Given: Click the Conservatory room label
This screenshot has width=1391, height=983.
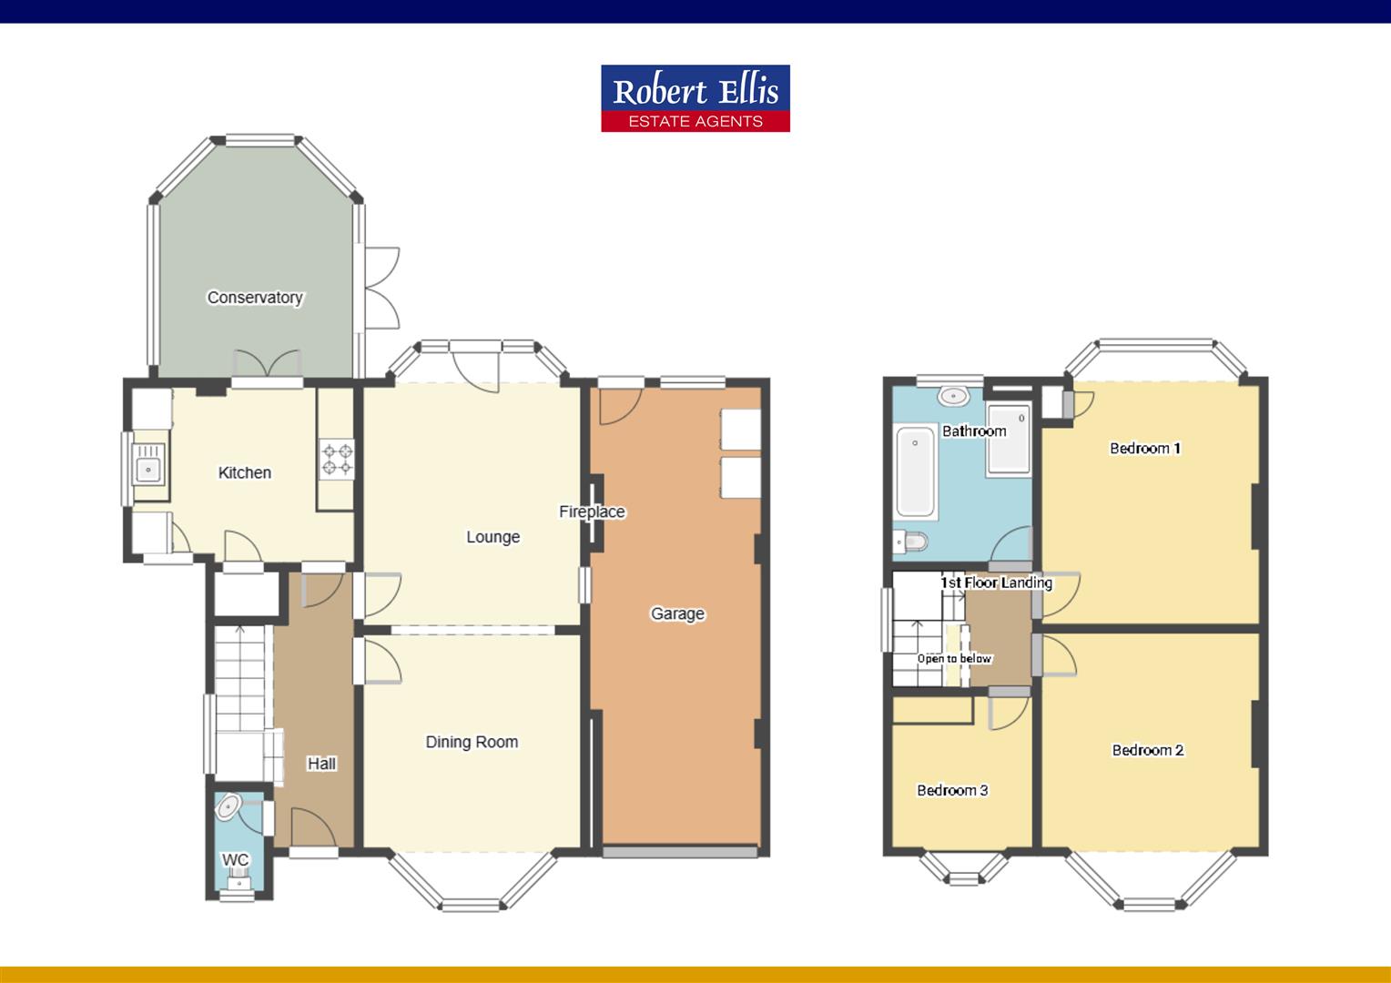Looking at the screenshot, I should click(255, 298).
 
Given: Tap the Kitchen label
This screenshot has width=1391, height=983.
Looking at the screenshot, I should click(245, 472).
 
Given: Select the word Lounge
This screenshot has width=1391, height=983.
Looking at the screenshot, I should click(492, 537).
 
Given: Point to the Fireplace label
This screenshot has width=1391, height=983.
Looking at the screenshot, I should click(592, 512).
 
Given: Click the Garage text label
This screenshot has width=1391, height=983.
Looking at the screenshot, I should click(677, 613).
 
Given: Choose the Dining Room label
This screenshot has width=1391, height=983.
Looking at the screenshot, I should click(472, 742).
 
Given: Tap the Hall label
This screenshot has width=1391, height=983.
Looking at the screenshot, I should click(321, 764).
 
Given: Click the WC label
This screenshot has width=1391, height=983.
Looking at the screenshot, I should click(235, 860).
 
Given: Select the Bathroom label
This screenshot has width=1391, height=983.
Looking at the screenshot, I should click(974, 431).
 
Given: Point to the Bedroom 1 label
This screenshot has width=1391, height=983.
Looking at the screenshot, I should click(1145, 448).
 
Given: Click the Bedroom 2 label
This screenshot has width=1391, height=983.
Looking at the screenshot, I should click(1148, 750).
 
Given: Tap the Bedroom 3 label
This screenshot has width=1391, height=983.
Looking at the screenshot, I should click(952, 790).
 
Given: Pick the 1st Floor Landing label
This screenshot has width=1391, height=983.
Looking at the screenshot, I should click(997, 583).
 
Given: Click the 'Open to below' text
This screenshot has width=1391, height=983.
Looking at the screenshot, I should click(954, 658).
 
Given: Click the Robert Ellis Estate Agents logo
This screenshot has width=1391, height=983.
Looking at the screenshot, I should click(695, 98).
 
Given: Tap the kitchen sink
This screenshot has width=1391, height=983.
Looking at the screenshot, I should click(147, 470).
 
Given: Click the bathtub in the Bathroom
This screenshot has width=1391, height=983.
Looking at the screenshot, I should click(917, 472).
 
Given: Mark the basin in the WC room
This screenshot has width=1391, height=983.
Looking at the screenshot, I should click(228, 806).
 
